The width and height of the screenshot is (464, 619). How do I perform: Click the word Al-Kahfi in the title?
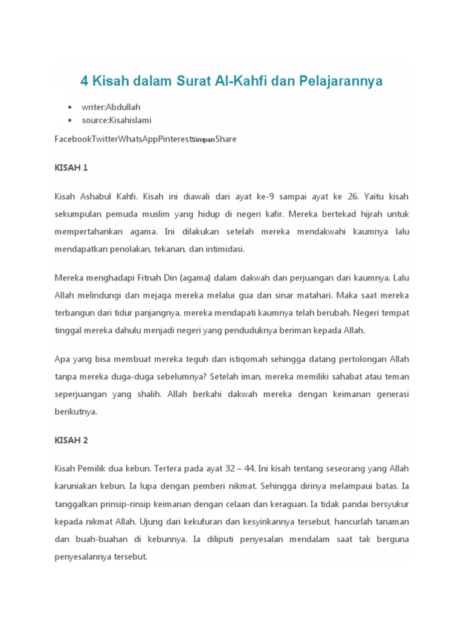[x=234, y=81]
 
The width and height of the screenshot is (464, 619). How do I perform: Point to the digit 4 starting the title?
[x=85, y=81]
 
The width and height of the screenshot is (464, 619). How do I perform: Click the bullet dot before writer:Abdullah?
[x=71, y=107]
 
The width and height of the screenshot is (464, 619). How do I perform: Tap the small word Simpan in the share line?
[x=204, y=140]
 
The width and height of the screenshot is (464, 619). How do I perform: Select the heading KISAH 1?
[x=71, y=167]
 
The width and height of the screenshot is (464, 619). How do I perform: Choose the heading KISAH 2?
[x=71, y=440]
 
